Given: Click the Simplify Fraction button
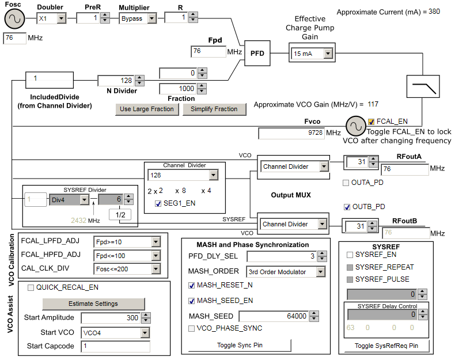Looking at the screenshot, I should pyautogui.click(x=214, y=109).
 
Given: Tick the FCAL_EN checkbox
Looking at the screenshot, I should pyautogui.click(x=371, y=121).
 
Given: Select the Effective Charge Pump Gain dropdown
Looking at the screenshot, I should pyautogui.click(x=311, y=54).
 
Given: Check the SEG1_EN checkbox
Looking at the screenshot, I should pyautogui.click(x=158, y=203).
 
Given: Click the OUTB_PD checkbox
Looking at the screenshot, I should pyautogui.click(x=347, y=207).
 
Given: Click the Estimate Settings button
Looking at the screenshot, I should pyautogui.click(x=93, y=304).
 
